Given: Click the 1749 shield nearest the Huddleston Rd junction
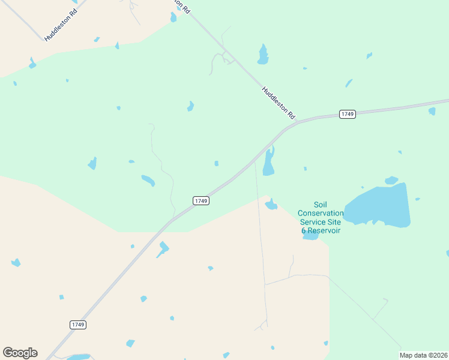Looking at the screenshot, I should point(348,114).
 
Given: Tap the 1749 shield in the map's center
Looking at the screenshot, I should point(201,201).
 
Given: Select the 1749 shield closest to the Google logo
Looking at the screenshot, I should point(78,325).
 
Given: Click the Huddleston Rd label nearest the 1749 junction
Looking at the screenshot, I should point(279,102).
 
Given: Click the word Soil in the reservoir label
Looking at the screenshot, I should point(321,205).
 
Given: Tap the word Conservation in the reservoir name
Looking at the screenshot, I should point(321,213).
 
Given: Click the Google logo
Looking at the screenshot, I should point(20,353).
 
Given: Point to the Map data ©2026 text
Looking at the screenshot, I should point(424,355).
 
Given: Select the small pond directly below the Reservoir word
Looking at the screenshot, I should point(311,236).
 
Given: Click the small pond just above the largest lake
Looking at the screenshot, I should point(391,180).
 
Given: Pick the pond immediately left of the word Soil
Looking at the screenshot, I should point(271,205).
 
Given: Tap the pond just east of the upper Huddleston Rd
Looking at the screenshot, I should point(263,55).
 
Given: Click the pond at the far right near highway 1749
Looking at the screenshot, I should point(432,111).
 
